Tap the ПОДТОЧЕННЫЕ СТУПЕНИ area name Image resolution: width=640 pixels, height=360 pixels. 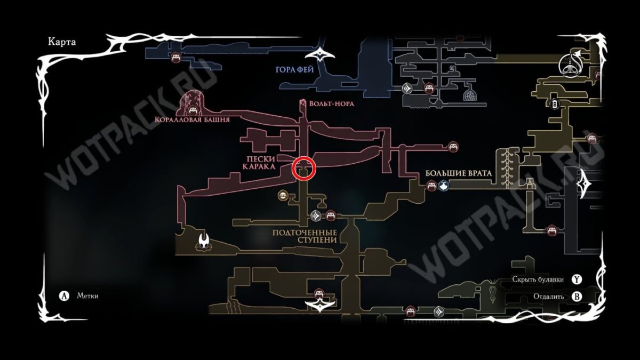(305, 236)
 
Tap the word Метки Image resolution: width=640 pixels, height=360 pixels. (87, 296)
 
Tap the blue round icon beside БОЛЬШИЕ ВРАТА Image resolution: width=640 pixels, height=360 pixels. (444, 185)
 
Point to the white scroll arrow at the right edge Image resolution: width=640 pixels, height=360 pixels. (588, 184)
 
